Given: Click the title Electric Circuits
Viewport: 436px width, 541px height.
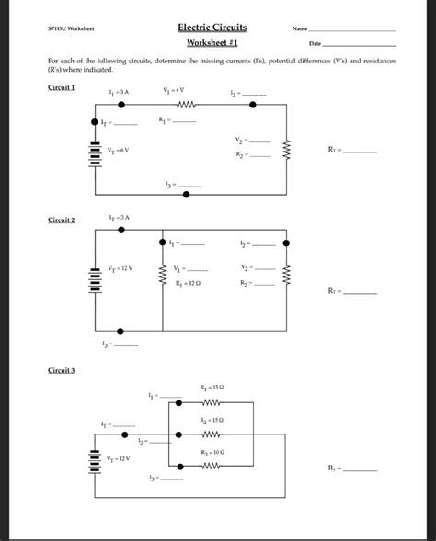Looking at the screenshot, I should (217, 28).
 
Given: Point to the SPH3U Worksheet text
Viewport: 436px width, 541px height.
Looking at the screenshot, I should (70, 30).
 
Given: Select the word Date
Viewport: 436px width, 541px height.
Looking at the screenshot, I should (316, 44).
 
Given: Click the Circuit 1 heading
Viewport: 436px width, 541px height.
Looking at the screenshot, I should (62, 86).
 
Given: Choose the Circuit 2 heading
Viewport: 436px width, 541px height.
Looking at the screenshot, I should (62, 220).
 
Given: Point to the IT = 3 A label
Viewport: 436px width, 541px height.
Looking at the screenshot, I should (120, 217).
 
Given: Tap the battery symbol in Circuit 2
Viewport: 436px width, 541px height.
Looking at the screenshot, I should (94, 278).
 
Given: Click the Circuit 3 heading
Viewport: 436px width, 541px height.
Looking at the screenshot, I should (62, 369).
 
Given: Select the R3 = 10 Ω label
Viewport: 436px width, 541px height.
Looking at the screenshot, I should (212, 453).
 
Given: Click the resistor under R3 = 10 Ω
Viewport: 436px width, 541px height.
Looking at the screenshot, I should (211, 466).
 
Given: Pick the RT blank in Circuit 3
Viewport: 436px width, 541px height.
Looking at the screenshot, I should (361, 469).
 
